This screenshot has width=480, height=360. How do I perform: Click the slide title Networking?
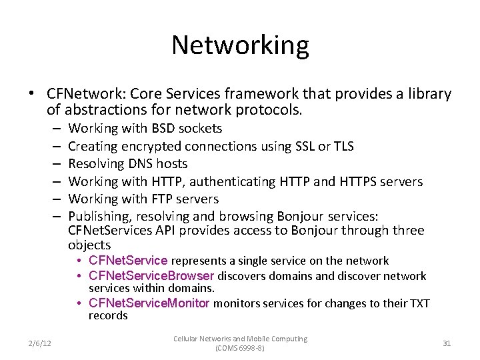(x=240, y=45)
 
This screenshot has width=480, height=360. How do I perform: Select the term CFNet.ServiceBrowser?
(x=151, y=276)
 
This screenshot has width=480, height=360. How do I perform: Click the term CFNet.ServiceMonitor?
(x=149, y=304)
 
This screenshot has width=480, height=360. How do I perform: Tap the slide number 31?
(x=447, y=343)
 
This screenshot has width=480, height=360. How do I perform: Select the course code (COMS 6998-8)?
(x=240, y=348)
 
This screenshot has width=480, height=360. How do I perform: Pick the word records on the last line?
(x=108, y=315)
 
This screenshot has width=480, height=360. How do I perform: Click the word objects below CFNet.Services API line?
(x=89, y=245)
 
